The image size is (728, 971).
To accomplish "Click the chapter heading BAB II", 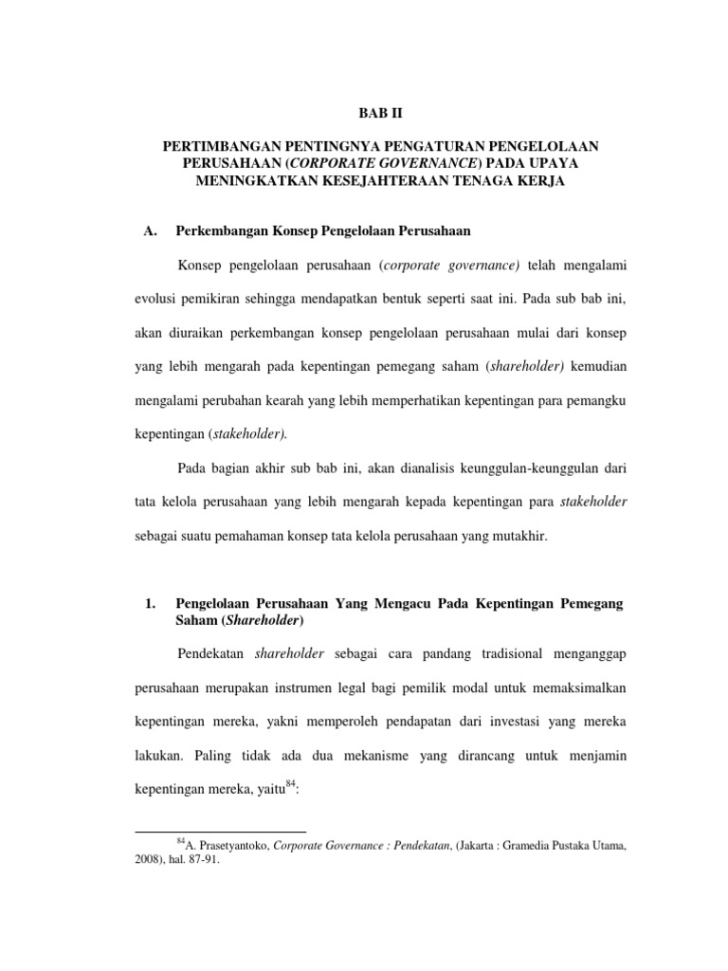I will (363, 112).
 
